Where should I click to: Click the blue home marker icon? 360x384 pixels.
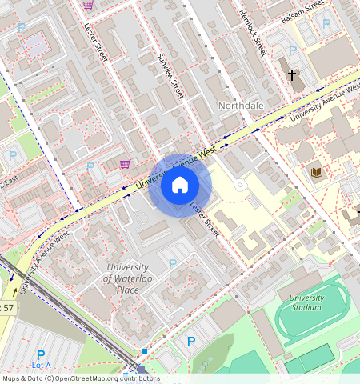pyautogui.click(x=180, y=186)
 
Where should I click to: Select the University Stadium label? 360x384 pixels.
pyautogui.click(x=306, y=302)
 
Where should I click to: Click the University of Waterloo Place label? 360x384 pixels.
pyautogui.click(x=126, y=278)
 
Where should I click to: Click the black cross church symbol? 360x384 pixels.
pyautogui.click(x=292, y=76)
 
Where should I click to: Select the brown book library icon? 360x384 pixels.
pyautogui.click(x=317, y=172)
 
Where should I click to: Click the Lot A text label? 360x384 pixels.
pyautogui.click(x=40, y=365)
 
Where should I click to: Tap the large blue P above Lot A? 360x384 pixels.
pyautogui.click(x=40, y=354)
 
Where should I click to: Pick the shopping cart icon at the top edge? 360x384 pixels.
pyautogui.click(x=88, y=4)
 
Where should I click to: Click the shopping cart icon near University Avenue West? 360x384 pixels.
pyautogui.click(x=125, y=164)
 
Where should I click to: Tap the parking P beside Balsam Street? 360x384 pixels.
pyautogui.click(x=326, y=24)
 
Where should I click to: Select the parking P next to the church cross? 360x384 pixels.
pyautogui.click(x=293, y=51)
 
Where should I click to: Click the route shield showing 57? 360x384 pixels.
pyautogui.click(x=6, y=307)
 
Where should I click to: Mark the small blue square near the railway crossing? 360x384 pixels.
pyautogui.click(x=145, y=350)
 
